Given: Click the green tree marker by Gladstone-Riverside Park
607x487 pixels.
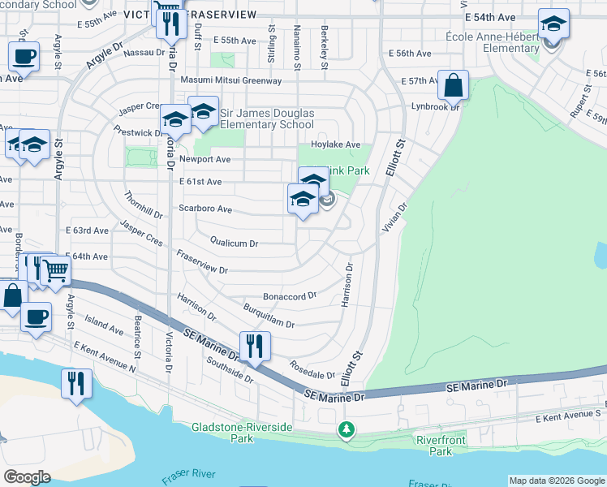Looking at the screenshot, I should (347, 428).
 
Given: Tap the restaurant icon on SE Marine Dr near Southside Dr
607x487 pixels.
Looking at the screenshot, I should (255, 346).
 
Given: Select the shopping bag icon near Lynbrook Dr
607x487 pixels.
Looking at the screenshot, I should (453, 84).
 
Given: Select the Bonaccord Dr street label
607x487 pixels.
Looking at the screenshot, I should (289, 296).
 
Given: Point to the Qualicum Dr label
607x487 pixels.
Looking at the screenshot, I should (234, 243).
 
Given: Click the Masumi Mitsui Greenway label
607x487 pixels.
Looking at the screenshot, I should (231, 80).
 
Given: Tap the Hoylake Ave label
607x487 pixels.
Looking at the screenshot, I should (337, 144).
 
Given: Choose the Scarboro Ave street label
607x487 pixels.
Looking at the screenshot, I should (205, 209).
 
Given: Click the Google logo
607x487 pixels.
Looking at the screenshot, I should (27, 477).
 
